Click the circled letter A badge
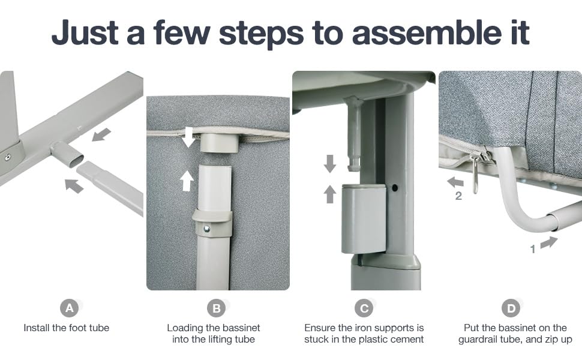point(70,308)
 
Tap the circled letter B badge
point(217,308)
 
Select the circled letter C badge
point(364,308)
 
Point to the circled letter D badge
point(511,308)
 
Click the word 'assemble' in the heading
point(427,32)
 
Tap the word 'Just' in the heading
point(85,32)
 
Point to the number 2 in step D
point(458,196)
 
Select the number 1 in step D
point(533,249)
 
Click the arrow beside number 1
point(549,242)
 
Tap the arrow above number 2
point(455,182)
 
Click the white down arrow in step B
point(188,137)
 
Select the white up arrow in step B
point(187,181)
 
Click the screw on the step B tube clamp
point(207,229)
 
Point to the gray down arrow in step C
point(329,164)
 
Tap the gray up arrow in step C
point(329,194)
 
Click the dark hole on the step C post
point(395,188)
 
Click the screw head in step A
point(7,157)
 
